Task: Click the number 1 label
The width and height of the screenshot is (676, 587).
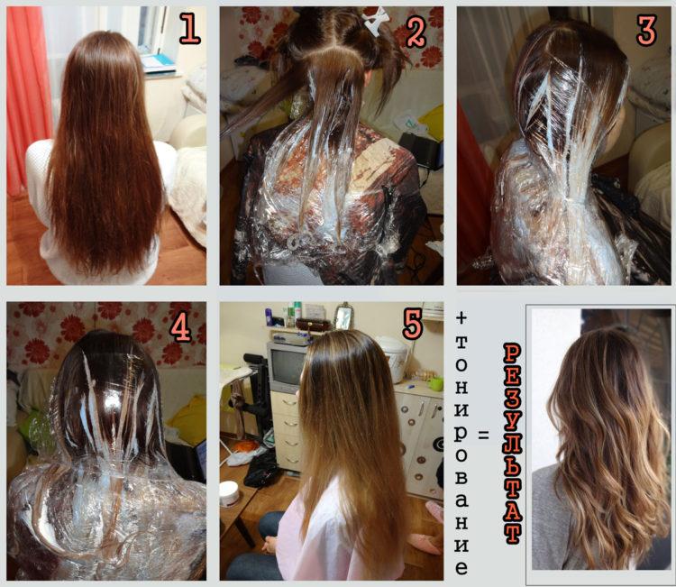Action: (x=189, y=29)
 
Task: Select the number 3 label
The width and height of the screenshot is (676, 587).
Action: (x=646, y=30)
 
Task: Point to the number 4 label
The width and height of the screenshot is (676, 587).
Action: (x=180, y=329)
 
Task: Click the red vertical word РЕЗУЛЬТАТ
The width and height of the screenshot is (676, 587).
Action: (x=513, y=444)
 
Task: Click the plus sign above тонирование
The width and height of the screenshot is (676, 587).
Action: (x=461, y=318)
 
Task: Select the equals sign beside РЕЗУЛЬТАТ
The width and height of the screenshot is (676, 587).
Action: (x=484, y=436)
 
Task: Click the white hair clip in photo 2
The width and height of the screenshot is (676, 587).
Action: (x=375, y=19)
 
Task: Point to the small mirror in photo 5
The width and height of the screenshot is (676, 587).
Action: (x=343, y=317)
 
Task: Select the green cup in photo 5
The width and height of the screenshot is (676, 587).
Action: (x=436, y=383)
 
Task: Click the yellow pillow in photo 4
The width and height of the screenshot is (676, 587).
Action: (x=188, y=421)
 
